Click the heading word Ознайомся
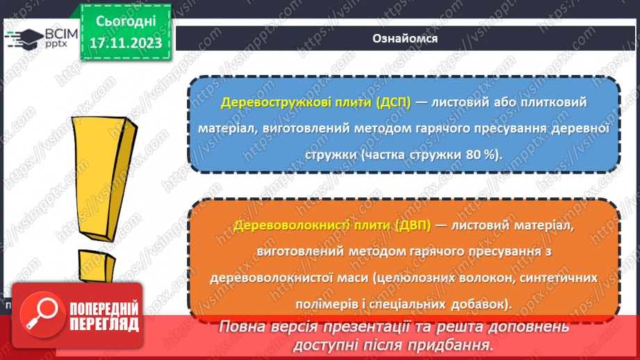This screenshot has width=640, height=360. (x=405, y=38)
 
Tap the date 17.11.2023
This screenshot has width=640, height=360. (x=125, y=42)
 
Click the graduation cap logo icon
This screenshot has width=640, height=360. (x=20, y=36)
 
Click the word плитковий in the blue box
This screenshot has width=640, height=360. (x=554, y=102)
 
